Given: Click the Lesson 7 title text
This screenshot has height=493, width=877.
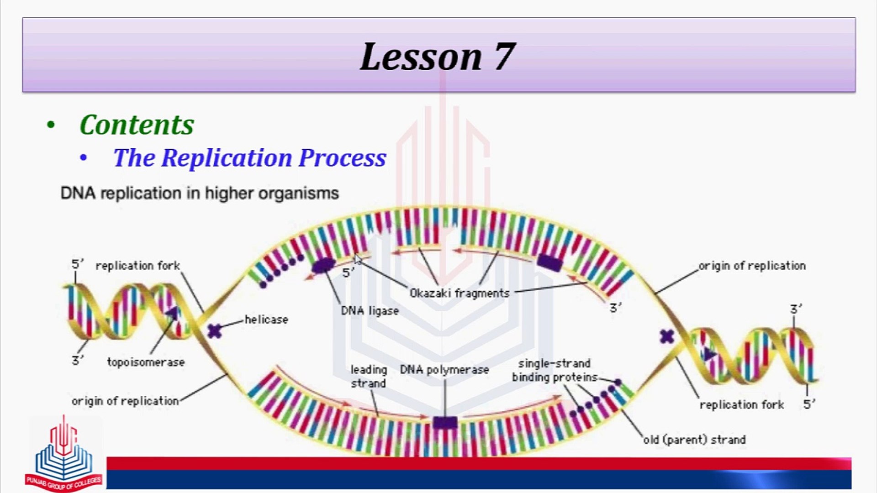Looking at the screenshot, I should click(x=438, y=57).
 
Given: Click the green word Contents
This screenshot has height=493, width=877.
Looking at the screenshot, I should click(x=137, y=125).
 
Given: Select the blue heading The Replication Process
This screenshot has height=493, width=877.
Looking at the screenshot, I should click(x=249, y=158).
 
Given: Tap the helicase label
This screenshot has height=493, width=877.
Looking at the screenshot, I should click(x=266, y=320).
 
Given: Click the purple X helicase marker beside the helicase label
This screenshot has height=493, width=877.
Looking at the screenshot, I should click(x=214, y=330).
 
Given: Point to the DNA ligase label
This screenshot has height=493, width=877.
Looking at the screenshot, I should click(x=370, y=311).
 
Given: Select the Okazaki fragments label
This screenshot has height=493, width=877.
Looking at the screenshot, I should click(x=459, y=293).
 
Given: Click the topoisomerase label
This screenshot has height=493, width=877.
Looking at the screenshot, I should click(x=146, y=362).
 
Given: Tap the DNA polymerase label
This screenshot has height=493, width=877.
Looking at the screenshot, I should click(x=444, y=369).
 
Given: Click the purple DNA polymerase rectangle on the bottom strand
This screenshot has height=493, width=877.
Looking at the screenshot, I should click(x=444, y=422).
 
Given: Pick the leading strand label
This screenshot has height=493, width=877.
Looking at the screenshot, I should click(x=368, y=376).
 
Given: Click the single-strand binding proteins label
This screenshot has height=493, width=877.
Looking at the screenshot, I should click(x=554, y=370).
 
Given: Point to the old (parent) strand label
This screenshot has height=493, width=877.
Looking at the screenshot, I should click(x=694, y=440).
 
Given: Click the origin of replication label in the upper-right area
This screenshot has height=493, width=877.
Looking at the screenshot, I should click(x=752, y=266).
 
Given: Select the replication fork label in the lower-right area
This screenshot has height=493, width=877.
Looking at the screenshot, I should click(x=741, y=404).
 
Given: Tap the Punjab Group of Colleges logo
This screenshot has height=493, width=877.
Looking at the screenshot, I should click(x=64, y=454).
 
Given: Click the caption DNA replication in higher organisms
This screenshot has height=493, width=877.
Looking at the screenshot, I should click(x=200, y=193).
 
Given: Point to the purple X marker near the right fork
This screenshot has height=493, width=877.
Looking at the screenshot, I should click(x=667, y=337).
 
